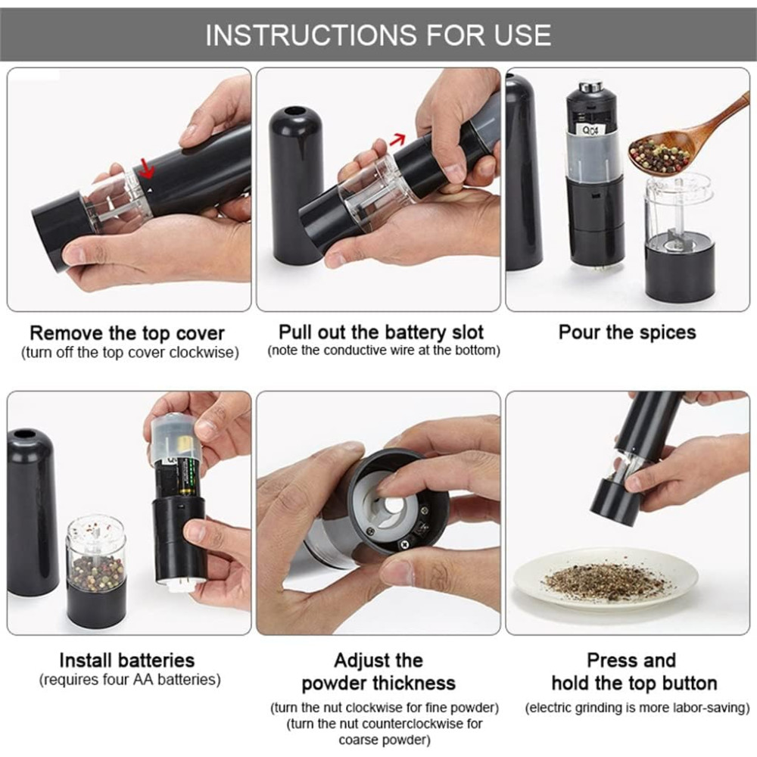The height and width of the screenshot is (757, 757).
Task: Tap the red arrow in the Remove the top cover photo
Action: pos(146,167)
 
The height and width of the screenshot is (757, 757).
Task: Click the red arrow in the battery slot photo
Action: pos(397,140)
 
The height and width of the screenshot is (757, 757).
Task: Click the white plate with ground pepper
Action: pos(606,579)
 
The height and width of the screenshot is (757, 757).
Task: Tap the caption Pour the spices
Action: pos(627,332)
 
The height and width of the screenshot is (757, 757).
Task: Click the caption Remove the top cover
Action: pos(127,333)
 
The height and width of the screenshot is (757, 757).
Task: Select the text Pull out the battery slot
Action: pos(381,332)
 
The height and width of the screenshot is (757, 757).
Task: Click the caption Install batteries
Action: pos(127,660)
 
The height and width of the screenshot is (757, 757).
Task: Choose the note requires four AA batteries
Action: pos(130,680)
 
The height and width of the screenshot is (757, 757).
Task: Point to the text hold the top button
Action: pos(634,683)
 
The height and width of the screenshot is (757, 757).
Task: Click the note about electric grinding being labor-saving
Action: pos(637,708)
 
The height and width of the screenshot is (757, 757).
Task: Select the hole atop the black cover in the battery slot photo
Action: pos(291,112)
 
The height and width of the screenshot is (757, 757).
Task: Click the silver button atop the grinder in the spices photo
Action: pos(591,87)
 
